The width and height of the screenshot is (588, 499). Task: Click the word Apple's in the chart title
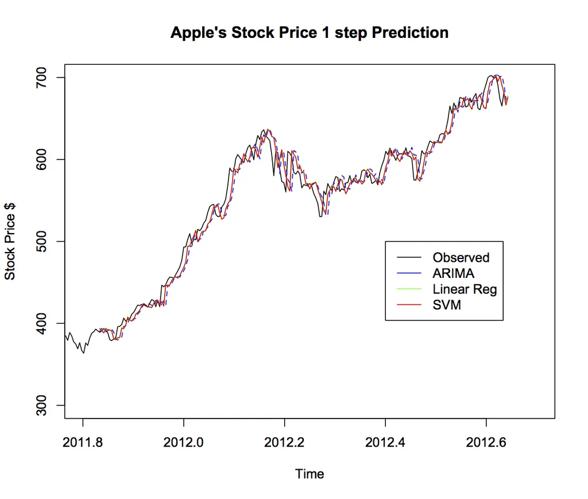pos(198,33)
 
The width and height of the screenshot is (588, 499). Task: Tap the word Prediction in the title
pos(410,33)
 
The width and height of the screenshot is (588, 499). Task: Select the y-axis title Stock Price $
pos(10,241)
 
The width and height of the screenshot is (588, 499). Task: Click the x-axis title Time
pos(310,474)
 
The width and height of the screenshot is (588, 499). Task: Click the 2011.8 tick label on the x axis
pos(83,442)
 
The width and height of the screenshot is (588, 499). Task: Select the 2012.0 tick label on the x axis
pos(184,442)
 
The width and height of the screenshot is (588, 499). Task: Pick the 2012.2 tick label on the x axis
pos(284,442)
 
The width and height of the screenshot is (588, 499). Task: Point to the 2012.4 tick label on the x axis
pos(385,442)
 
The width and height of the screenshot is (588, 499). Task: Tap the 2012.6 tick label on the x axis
pos(486,442)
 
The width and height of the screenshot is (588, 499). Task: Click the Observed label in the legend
pos(461,258)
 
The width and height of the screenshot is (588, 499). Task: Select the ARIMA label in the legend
pos(454,273)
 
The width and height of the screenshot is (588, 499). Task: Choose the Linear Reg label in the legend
pos(465,289)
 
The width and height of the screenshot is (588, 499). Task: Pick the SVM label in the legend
pos(447,305)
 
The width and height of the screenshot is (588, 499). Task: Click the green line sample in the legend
pos(408,289)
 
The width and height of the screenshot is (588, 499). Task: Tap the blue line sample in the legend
pos(408,273)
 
